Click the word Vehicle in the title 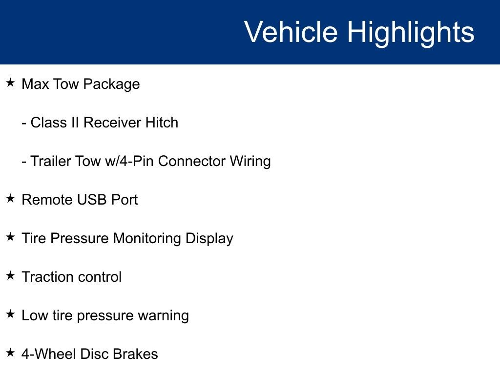[291, 32]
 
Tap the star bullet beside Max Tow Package [11, 83]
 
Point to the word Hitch [162, 123]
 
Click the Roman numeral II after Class [75, 123]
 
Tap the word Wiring [250, 162]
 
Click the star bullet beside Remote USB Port [11, 198]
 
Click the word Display [209, 239]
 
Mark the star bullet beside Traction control [11, 275]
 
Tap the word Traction [48, 277]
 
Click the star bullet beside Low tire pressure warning [11, 314]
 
